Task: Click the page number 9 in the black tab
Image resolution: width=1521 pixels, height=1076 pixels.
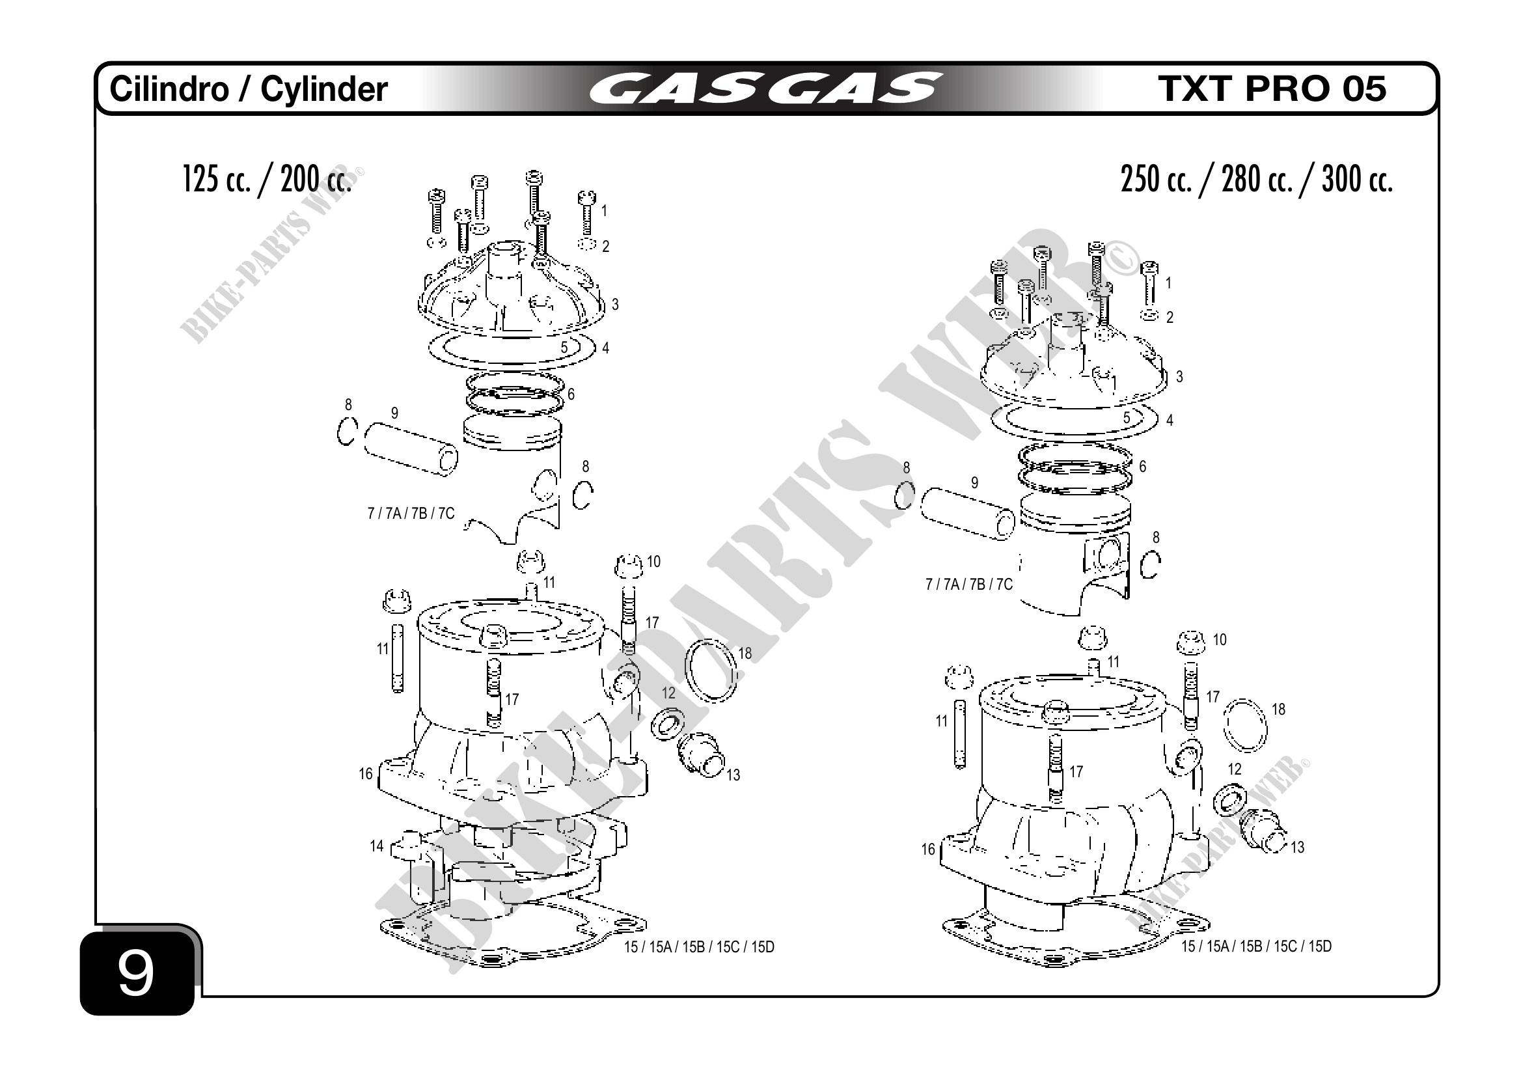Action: [x=136, y=973]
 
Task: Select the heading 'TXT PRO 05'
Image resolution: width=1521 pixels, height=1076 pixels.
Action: [x=1271, y=89]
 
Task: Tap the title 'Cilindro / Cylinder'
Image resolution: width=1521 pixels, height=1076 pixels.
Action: [x=249, y=89]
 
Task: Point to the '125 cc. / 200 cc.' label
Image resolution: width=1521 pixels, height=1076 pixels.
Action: [x=266, y=179]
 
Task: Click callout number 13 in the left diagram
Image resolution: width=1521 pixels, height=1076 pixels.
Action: [x=733, y=775]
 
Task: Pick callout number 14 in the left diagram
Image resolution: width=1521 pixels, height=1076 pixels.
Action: [x=376, y=846]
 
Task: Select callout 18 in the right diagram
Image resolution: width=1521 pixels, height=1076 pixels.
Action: [x=1278, y=710]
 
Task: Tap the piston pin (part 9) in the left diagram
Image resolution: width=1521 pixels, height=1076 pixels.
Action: [x=411, y=448]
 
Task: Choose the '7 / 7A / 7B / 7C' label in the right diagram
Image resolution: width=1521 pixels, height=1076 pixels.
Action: [x=968, y=585]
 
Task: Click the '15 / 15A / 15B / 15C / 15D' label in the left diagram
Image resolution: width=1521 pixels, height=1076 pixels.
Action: [x=699, y=948]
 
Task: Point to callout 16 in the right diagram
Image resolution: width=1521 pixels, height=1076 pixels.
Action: [x=927, y=849]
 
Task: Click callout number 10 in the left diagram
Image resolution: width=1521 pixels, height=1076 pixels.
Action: [x=653, y=562]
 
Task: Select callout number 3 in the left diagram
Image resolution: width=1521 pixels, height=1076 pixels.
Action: [x=615, y=304]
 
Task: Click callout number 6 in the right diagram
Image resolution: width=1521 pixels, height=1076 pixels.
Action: [x=1142, y=467]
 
